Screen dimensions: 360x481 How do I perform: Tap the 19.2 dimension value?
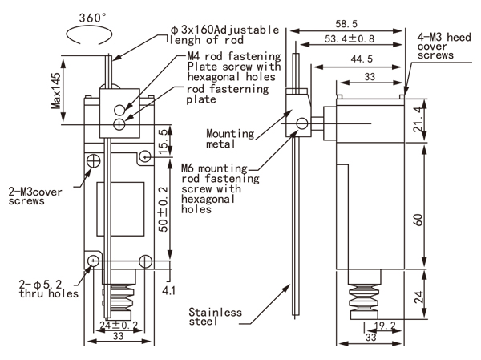(x=386, y=326)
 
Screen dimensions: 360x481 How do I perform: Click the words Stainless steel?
(x=215, y=318)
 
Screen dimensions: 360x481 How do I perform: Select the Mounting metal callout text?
(x=230, y=139)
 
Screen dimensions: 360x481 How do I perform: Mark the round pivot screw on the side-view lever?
(x=303, y=123)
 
